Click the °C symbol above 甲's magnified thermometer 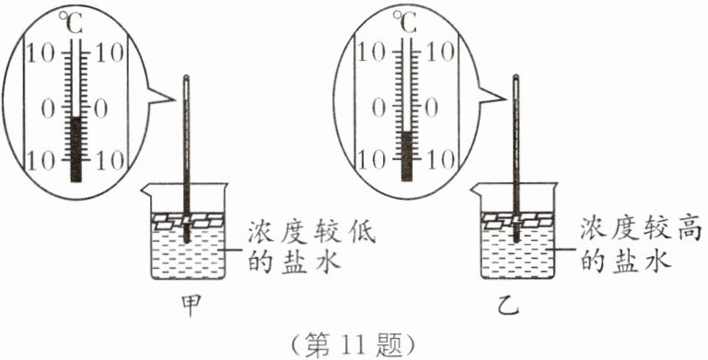click(x=71, y=24)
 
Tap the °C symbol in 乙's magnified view click(x=404, y=22)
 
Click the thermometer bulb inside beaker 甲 click(x=187, y=237)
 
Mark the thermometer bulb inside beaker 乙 click(x=516, y=236)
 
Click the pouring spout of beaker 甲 click(x=146, y=190)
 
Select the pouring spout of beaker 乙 click(x=475, y=190)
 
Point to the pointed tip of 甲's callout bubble click(x=175, y=99)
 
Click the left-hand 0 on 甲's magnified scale click(x=48, y=110)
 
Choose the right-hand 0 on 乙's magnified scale click(x=432, y=108)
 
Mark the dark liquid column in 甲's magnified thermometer click(x=76, y=149)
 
